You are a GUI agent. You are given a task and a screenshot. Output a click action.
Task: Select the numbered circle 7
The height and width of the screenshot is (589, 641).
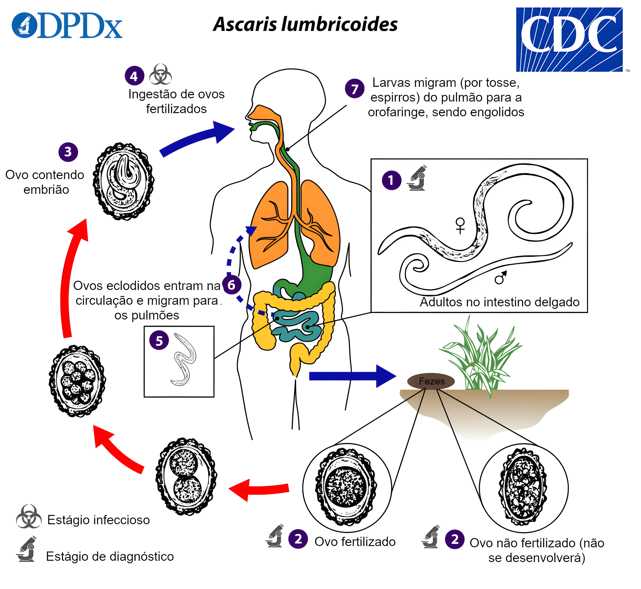point(354,89)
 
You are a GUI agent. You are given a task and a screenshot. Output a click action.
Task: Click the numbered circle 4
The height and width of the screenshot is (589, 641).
point(134,76)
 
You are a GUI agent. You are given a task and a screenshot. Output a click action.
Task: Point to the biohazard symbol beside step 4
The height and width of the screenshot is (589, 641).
point(160,75)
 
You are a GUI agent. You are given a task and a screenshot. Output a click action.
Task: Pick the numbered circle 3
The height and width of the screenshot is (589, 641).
point(68,152)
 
